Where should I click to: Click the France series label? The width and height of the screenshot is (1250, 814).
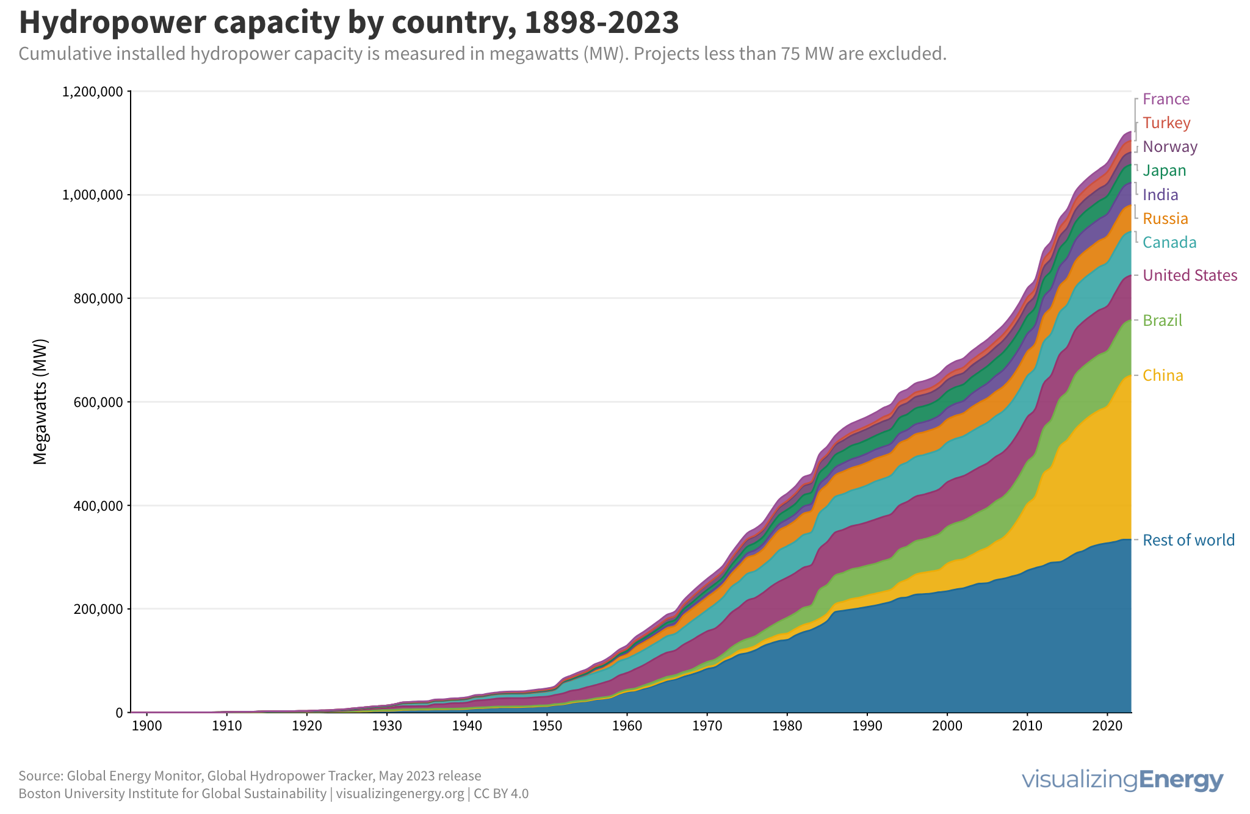[1166, 99]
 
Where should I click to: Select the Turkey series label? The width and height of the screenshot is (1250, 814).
[1166, 123]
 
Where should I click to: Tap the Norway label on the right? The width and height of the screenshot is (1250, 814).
[1169, 146]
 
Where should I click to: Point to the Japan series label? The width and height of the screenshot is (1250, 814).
[1164, 170]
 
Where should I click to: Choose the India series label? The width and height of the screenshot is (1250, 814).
[1160, 195]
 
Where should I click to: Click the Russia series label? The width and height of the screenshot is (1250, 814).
[1165, 218]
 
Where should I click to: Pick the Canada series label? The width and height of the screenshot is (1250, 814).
[1169, 242]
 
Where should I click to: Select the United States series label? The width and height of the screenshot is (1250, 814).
[1190, 275]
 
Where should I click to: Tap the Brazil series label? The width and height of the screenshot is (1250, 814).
[1162, 320]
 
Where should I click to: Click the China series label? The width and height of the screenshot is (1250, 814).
[1163, 375]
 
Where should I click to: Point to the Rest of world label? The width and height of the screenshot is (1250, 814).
[1188, 540]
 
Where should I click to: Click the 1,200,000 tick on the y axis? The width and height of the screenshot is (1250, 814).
[92, 92]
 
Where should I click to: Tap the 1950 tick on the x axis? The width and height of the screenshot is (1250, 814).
[546, 726]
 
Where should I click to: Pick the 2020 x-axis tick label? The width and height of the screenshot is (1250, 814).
[1107, 726]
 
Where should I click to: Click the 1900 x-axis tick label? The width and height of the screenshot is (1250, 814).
[146, 726]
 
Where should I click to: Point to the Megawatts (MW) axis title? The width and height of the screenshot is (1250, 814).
[40, 402]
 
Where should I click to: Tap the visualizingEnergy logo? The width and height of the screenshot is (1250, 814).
[1122, 780]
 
